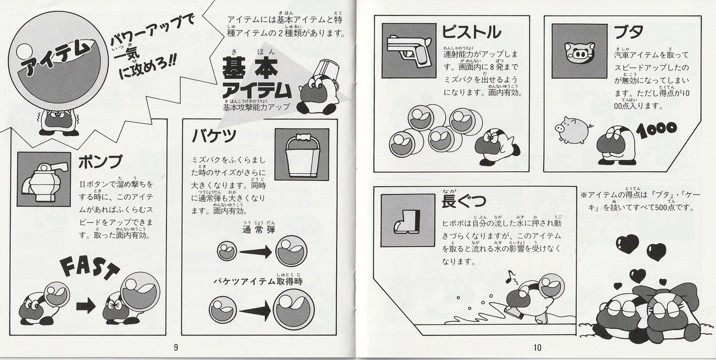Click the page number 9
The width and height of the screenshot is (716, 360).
pos(175,349)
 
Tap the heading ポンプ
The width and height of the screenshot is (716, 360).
pos(100,162)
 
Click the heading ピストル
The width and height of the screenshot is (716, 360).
pos(471,32)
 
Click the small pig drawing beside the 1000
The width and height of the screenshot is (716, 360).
pos(572,127)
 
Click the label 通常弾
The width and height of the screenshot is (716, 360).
pos(259,230)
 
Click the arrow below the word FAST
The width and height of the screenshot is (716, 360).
pos(86,307)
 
